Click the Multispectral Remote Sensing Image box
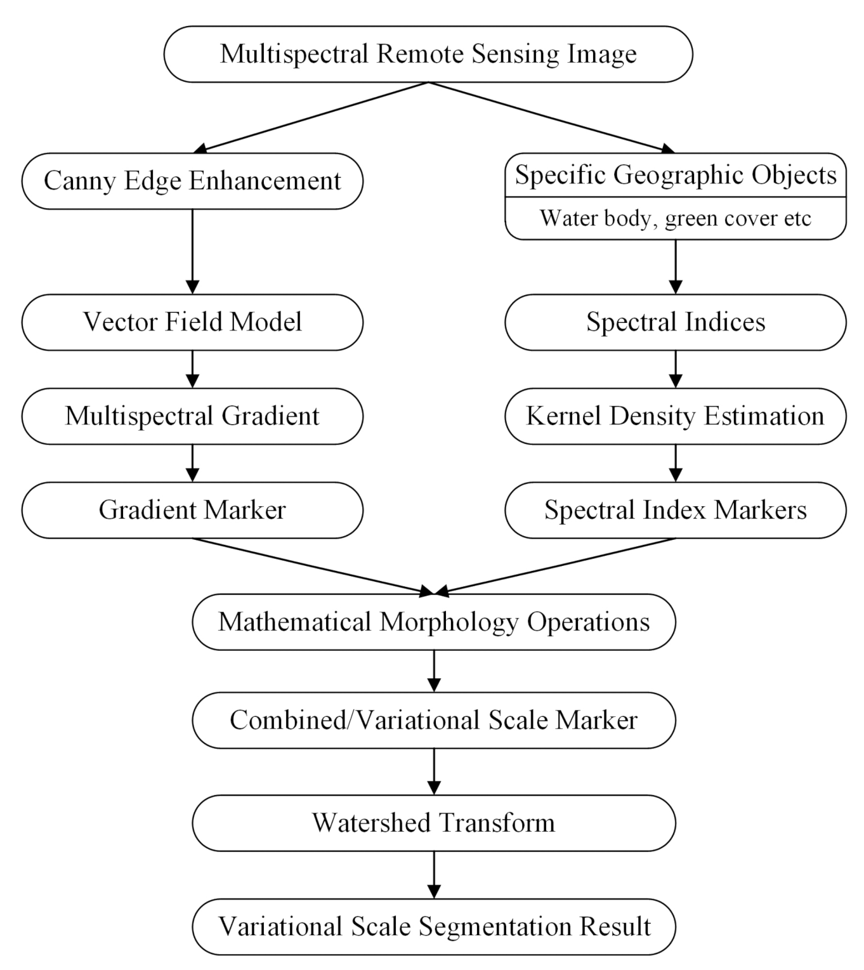click(x=428, y=54)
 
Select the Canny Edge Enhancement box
click(x=192, y=181)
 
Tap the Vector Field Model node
click(x=192, y=322)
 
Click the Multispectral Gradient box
click(x=192, y=416)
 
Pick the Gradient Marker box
click(x=192, y=510)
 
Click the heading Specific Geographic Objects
click(x=675, y=175)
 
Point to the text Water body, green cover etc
click(x=675, y=218)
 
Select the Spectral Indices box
click(x=675, y=322)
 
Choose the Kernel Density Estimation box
click(x=675, y=416)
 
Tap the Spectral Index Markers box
click(x=675, y=510)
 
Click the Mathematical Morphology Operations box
click(x=434, y=622)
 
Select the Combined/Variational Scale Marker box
click(x=434, y=720)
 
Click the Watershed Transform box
click(x=434, y=823)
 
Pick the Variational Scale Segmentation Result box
click(x=434, y=926)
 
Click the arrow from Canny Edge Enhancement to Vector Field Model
click(x=192, y=251)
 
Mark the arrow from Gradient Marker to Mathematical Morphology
click(x=311, y=566)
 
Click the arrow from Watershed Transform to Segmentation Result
click(x=434, y=874)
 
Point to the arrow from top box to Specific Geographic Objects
click(x=552, y=117)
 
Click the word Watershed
click(x=369, y=823)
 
